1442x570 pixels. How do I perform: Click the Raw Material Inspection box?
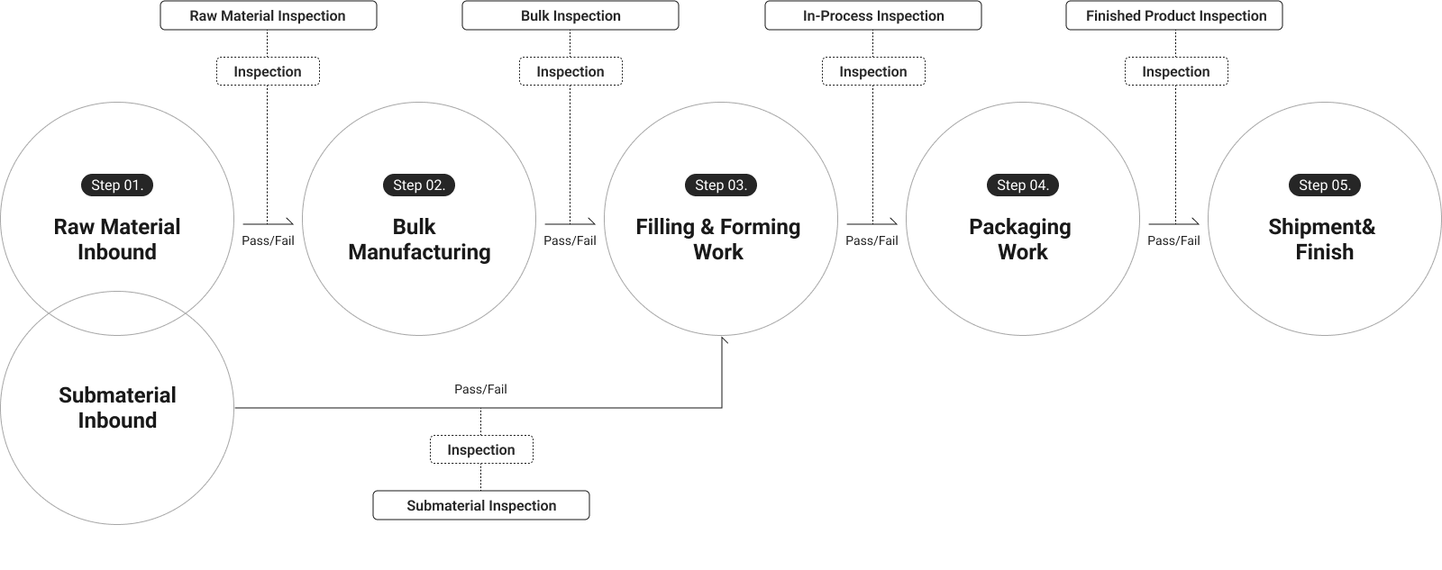coord(268,16)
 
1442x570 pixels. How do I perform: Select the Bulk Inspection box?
coord(570,16)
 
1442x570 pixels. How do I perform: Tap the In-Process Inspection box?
coord(873,16)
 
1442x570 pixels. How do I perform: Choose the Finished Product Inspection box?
coord(1175,16)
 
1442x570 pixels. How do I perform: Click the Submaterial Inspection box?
coord(481,506)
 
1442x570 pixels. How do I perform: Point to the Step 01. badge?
coord(117,185)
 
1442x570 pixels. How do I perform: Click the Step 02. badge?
coord(419,185)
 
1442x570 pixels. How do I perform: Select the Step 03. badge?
coord(721,185)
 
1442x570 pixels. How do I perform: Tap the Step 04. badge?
coord(1023,185)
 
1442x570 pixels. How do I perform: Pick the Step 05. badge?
coord(1325,185)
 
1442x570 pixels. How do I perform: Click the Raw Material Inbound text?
coord(117,240)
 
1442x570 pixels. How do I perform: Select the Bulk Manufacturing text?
coord(419,240)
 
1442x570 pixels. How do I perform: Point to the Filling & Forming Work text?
coord(718,240)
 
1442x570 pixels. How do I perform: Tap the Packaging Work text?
coord(1021,240)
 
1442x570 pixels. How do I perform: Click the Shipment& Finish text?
coord(1323,240)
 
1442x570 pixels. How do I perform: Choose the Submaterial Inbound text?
coord(117,408)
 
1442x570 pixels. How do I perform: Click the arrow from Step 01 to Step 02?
coord(268,222)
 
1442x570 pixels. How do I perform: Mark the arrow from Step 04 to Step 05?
coord(1173,222)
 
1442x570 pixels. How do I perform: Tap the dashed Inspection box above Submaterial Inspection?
coord(481,450)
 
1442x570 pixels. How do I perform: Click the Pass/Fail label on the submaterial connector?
coord(480,390)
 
